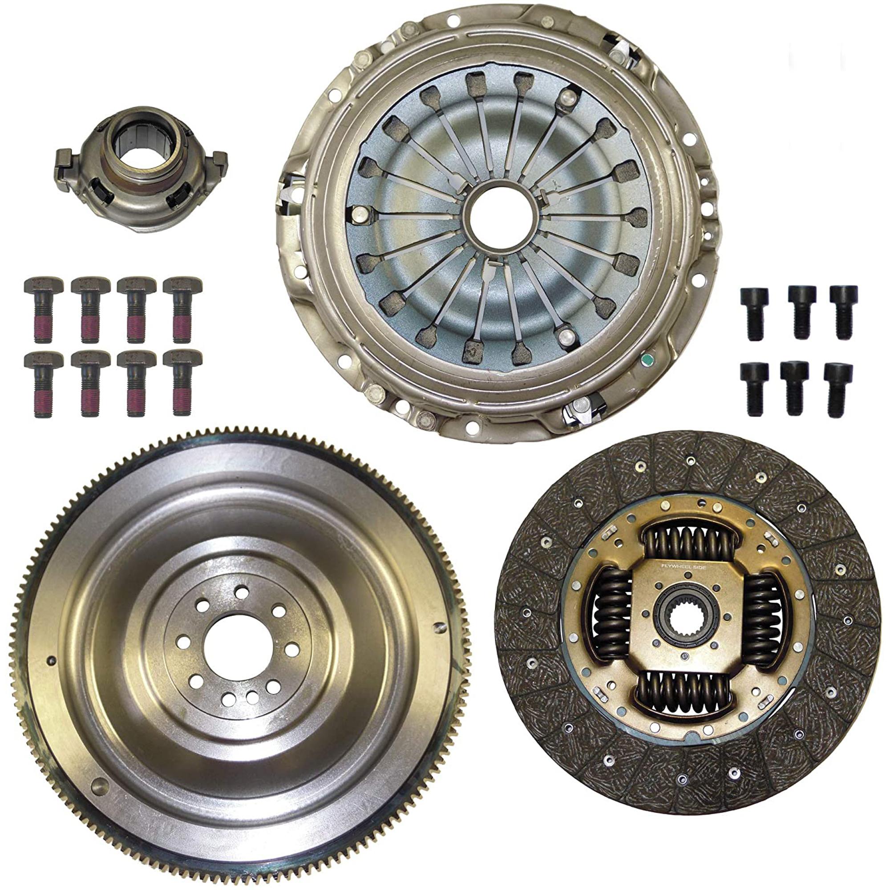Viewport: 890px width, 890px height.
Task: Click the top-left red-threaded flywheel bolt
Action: point(39,309)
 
